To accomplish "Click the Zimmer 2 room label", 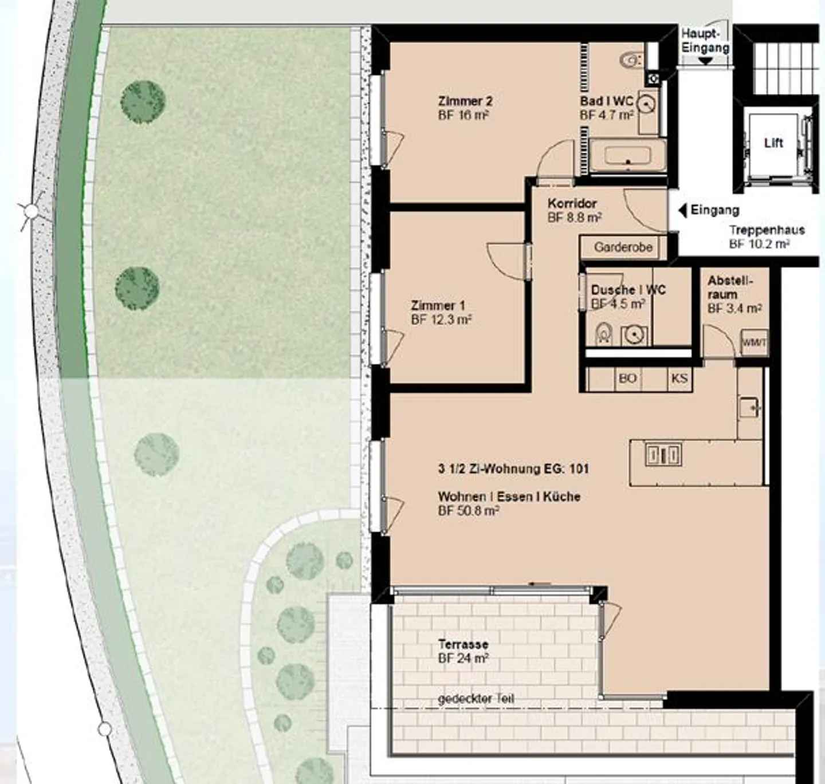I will (465, 101).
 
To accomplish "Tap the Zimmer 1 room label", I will (438, 306).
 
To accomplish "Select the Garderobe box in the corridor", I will (623, 247).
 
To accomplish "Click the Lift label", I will (773, 143).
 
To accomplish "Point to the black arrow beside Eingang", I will (682, 211).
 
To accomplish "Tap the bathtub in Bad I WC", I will (628, 155).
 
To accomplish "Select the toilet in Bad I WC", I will (632, 59).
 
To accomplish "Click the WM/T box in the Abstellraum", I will (754, 342).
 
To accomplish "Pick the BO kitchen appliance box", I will (627, 379).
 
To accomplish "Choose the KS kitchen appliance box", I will (679, 379).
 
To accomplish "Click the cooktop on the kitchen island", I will (663, 455).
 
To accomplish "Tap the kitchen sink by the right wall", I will (749, 408).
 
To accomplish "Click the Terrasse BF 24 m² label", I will (463, 651).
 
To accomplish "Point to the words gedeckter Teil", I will (476, 699).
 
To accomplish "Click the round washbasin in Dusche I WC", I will (634, 335).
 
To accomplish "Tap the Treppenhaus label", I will (767, 230).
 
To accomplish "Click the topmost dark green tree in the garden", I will (143, 101).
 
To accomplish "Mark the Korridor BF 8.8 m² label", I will (573, 210).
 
